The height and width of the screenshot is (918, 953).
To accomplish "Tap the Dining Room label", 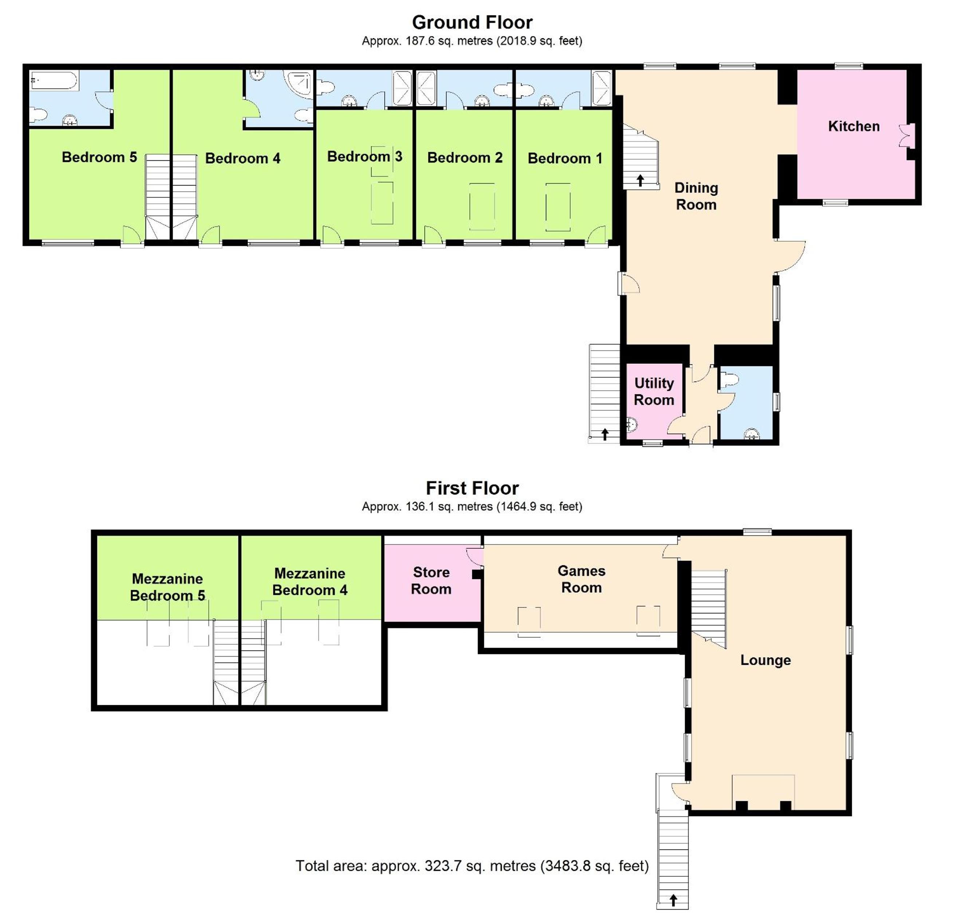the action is coord(696,196).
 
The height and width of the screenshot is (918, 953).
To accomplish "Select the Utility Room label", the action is coord(654,392).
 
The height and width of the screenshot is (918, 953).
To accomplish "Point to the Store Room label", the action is coord(431,581).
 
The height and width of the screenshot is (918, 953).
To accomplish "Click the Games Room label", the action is coord(581,579).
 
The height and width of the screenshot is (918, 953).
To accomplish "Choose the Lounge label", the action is coord(765,660).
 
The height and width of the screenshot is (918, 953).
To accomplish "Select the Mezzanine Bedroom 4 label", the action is coord(310,582).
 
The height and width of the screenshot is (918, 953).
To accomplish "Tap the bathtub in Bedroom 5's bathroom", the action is coord(54,80).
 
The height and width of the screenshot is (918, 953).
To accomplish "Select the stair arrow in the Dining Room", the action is coord(640,180).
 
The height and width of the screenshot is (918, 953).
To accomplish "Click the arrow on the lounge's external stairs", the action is coord(673,901).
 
